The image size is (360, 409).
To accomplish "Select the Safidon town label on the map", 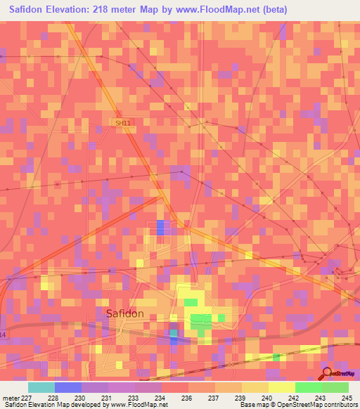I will point(124,313).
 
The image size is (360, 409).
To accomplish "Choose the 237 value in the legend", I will point(214,398).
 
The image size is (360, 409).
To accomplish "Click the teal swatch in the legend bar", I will point(41,387).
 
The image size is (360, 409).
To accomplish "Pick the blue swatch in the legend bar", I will point(67,387).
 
